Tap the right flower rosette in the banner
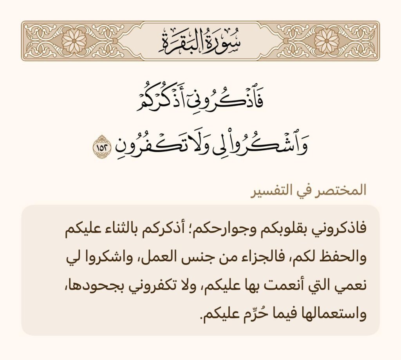tap(327, 41)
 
